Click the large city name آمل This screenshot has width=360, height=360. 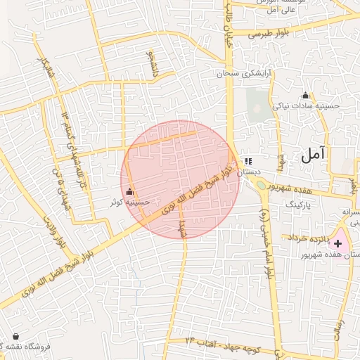(x=314, y=156)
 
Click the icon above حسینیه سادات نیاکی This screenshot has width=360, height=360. (x=305, y=96)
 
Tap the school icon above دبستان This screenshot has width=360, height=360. (x=248, y=160)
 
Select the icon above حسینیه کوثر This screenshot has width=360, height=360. (x=129, y=192)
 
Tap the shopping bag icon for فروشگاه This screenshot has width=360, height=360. (x=15, y=336)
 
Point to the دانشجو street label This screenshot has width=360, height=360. (x=149, y=64)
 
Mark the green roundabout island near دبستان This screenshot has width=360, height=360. (x=261, y=186)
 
